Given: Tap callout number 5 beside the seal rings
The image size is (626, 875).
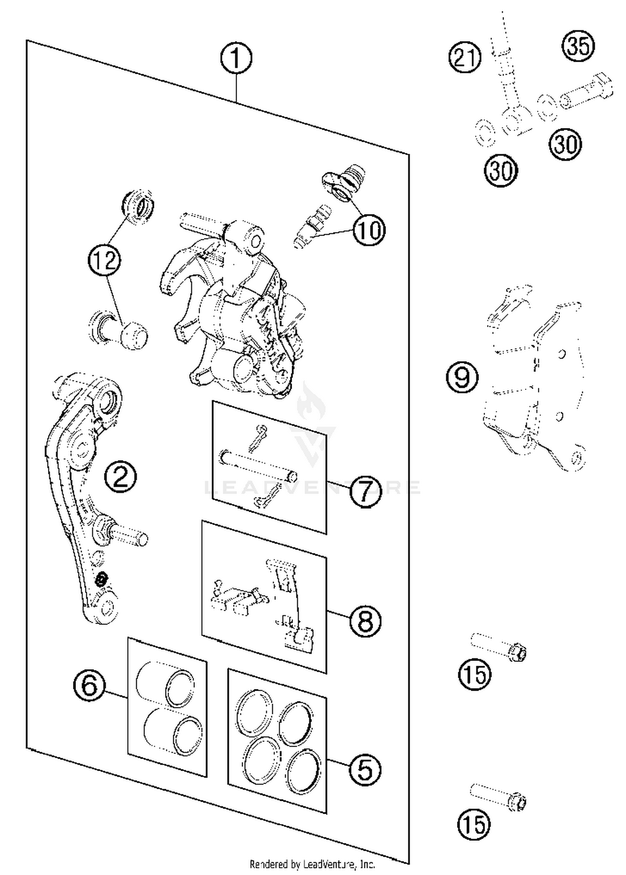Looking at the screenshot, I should tap(365, 769).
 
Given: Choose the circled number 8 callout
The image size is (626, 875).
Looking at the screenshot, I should tap(365, 621).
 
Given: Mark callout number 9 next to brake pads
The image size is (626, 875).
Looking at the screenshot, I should tap(462, 377).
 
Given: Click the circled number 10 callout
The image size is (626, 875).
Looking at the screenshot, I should tap(369, 230).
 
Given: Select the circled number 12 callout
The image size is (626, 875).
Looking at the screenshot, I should tap(104, 261).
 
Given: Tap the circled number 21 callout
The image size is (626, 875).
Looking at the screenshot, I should tap(465, 57).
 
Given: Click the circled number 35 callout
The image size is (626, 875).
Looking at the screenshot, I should tap(578, 45).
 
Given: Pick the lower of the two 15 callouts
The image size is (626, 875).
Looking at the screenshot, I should tap(473, 825).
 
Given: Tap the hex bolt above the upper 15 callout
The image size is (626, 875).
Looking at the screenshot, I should tap(499, 646).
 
